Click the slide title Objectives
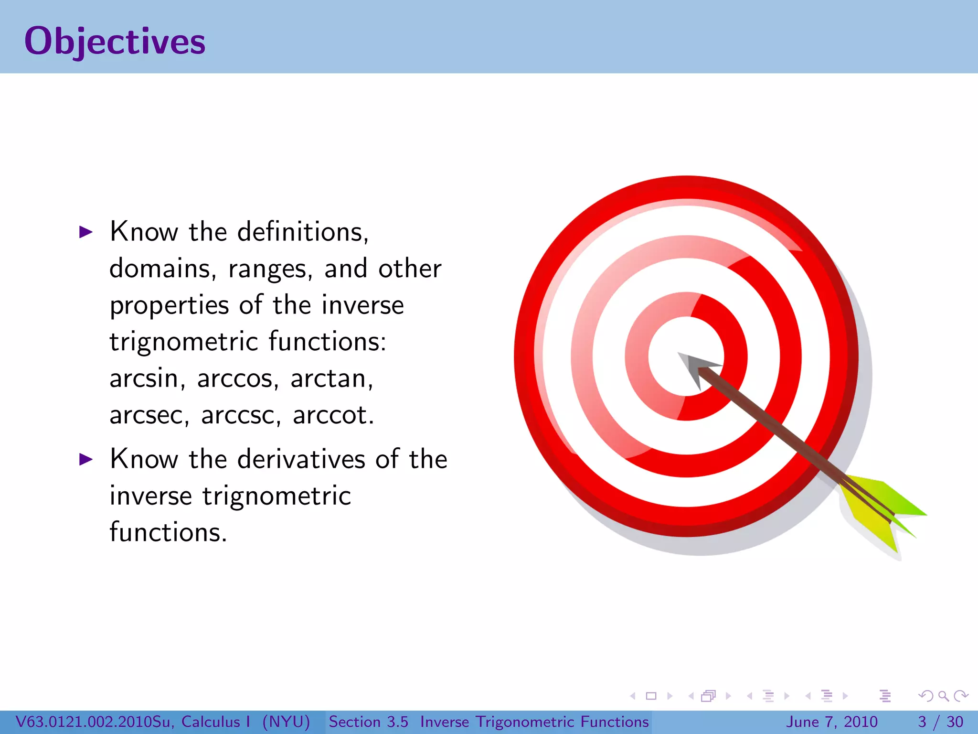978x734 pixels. (x=115, y=42)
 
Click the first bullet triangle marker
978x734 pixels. (x=85, y=232)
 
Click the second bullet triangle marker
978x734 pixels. (x=85, y=460)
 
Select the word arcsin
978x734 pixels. (x=144, y=378)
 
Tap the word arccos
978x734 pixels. (x=235, y=378)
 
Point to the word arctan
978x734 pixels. (x=329, y=378)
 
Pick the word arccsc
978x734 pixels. (x=238, y=415)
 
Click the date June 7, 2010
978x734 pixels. (x=831, y=722)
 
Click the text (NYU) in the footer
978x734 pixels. (x=286, y=722)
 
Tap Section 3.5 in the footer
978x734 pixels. (x=368, y=722)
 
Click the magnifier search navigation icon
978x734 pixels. (x=943, y=696)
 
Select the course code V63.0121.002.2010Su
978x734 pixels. (x=94, y=722)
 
